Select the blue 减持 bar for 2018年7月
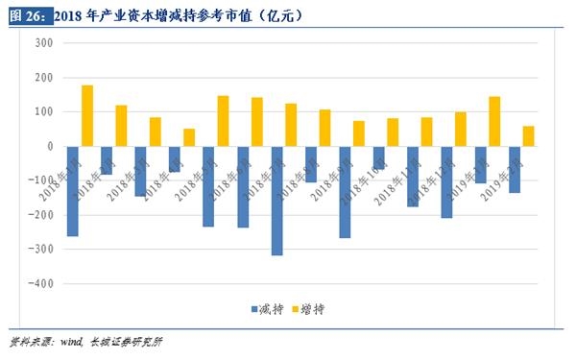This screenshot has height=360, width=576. pos(277,201)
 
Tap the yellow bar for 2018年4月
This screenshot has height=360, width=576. pos(189,137)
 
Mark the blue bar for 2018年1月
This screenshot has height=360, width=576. pos(73,191)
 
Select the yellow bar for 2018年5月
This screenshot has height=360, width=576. pos(224,121)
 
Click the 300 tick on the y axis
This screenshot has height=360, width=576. pos(43,42)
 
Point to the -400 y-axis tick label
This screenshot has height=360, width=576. pos(40,284)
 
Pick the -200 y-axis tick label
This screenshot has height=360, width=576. pos(40,215)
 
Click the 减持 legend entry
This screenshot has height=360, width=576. pos(265,309)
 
